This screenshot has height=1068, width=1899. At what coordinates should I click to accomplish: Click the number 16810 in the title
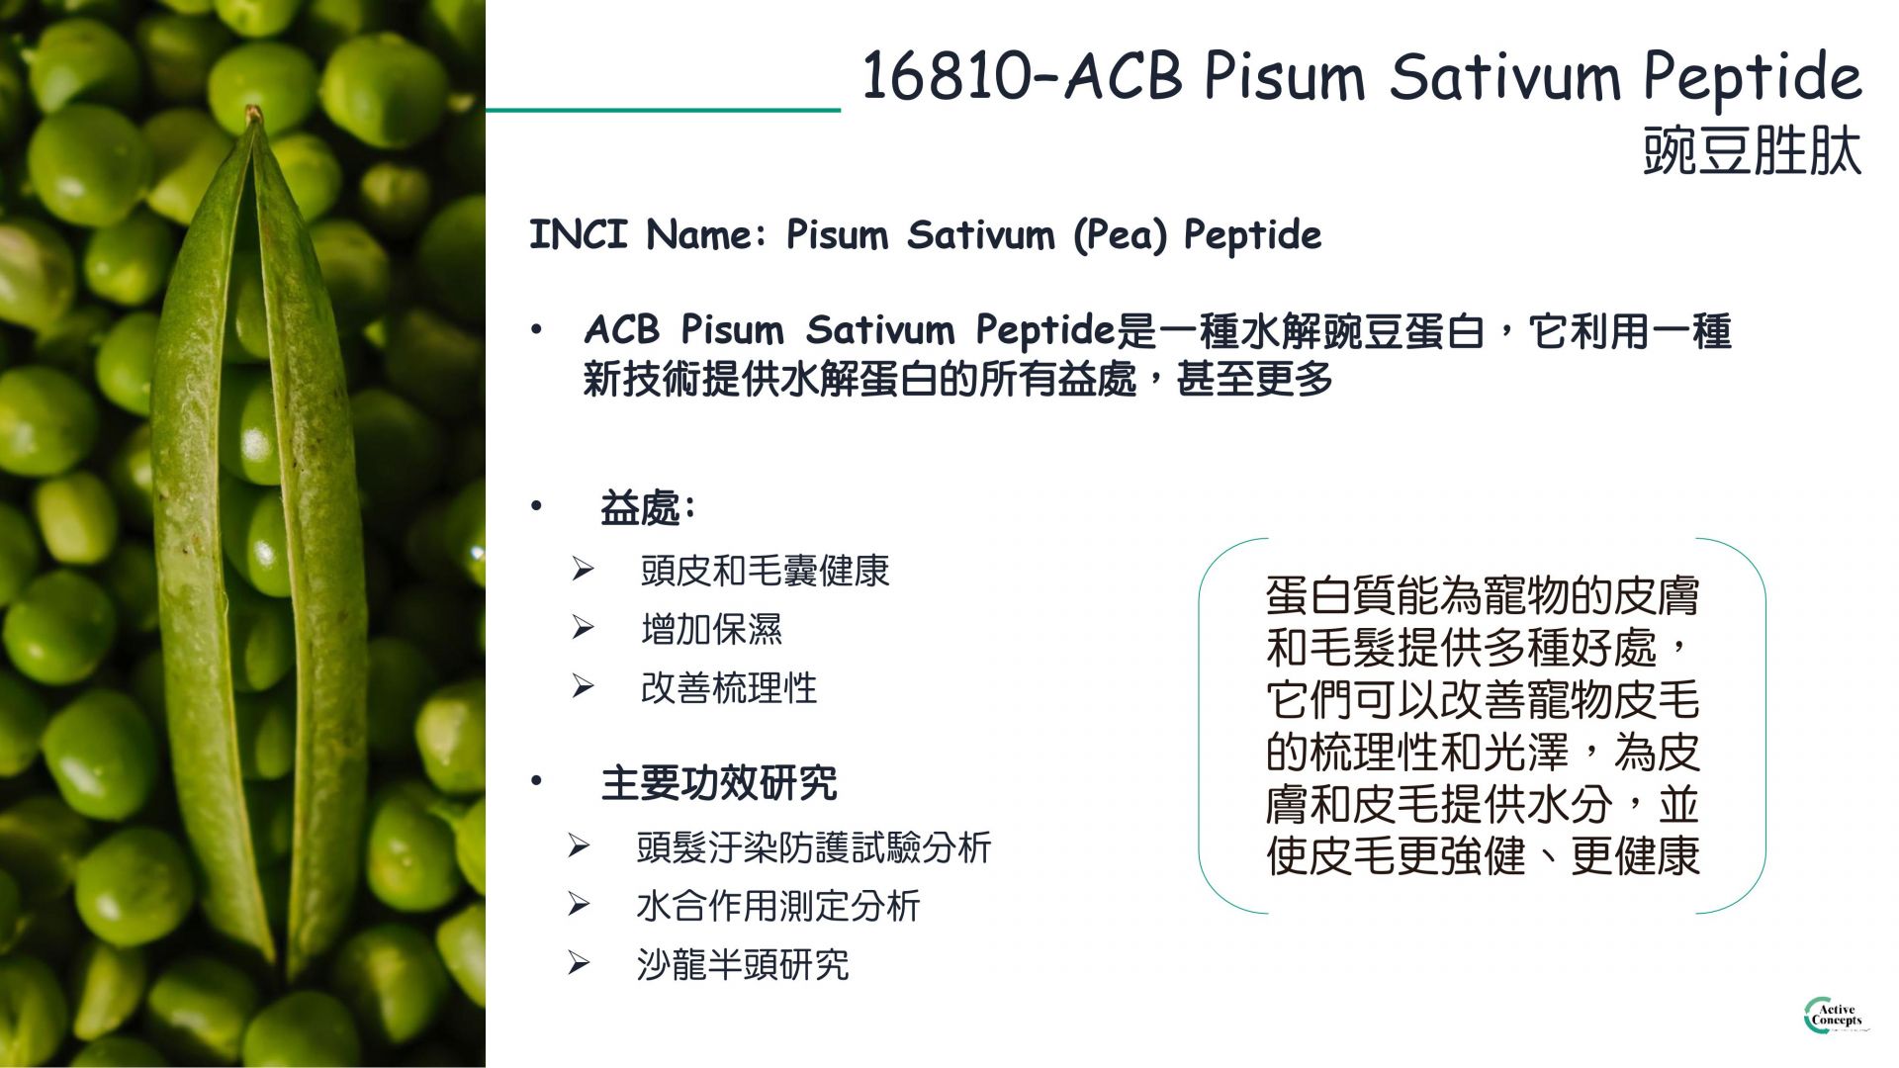[x=947, y=76]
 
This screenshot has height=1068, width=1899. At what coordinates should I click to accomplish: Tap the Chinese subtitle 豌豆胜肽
[x=1752, y=150]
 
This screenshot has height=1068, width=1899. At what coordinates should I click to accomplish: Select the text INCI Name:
[x=648, y=234]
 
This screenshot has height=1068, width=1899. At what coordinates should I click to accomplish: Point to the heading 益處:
[x=648, y=508]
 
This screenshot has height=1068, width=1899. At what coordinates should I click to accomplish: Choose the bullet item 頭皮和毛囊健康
[x=765, y=571]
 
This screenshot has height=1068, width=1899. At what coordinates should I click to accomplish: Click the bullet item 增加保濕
[x=711, y=629]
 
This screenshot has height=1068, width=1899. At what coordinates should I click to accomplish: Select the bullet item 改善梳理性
[x=729, y=688]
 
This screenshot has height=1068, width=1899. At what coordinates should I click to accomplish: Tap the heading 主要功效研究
[x=719, y=783]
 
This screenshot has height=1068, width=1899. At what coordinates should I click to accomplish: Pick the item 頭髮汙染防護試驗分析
[x=813, y=847]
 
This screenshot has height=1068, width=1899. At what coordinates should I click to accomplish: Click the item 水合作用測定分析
[x=777, y=906]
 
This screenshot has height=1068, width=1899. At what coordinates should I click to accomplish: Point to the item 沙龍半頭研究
[x=743, y=964]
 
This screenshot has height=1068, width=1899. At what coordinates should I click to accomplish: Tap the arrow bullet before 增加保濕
[x=583, y=628]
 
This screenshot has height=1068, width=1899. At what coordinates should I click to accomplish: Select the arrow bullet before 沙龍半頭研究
[x=579, y=963]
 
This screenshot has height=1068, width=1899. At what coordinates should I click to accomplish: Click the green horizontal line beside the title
[x=663, y=109]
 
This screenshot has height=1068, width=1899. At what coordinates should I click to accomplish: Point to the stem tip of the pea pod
[x=253, y=111]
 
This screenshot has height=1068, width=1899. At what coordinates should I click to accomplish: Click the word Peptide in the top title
[x=1752, y=76]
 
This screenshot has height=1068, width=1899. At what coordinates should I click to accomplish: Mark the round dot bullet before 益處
[x=537, y=508]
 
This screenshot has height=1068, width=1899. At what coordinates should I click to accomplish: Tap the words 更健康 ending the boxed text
[x=1635, y=856]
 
